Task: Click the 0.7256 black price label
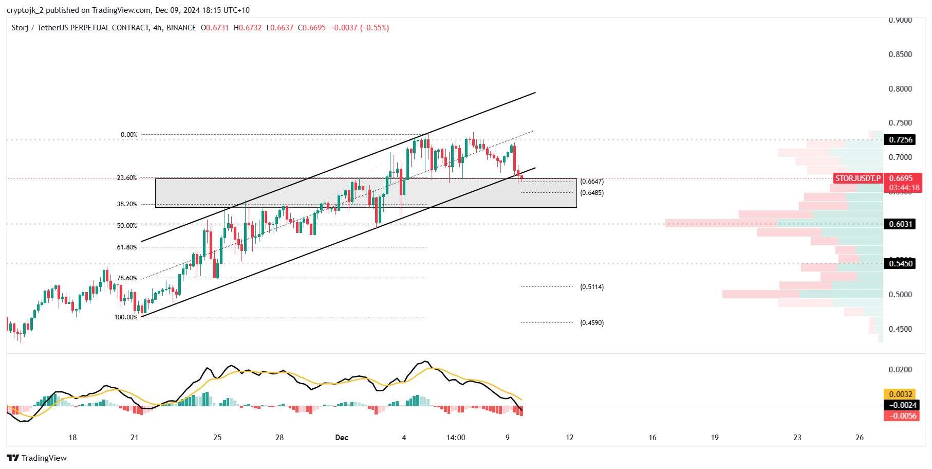(901, 140)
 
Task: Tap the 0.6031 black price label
(901, 224)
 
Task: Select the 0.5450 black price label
(901, 264)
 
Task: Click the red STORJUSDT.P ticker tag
(858, 178)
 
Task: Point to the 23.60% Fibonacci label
(127, 178)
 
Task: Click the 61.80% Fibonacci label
(127, 247)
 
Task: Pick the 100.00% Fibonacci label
(126, 317)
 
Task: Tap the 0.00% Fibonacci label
(129, 135)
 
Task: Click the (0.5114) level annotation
(592, 287)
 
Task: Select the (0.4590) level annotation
(592, 323)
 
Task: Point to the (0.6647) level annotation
(592, 182)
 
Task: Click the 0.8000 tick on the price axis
(900, 89)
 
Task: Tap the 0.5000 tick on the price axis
(900, 295)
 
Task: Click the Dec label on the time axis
(342, 438)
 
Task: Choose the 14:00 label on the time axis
(456, 438)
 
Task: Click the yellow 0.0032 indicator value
(901, 394)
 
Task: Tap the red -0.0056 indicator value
(901, 416)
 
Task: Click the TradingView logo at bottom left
(37, 458)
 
